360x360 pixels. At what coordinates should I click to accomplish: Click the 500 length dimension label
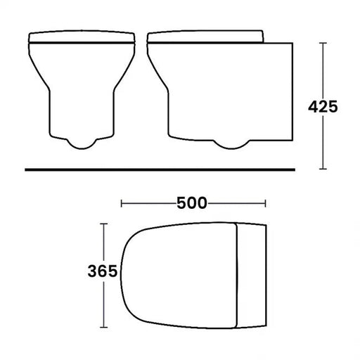pos(192,204)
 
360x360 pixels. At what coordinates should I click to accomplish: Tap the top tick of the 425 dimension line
pos(322,43)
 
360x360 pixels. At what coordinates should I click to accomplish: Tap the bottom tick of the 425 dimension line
pos(322,169)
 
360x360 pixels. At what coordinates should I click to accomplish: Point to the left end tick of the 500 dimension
pos(122,204)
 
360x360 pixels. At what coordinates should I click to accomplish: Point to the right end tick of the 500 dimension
pos(266,204)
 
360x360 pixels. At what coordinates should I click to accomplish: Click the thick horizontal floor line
pos(160,169)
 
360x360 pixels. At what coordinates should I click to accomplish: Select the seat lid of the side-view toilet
pos(205,37)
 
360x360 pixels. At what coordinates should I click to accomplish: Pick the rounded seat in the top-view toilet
pos(179,275)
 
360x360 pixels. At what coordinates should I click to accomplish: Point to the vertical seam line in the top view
pos(237,275)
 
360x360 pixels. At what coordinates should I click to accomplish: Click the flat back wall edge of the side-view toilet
pos(292,91)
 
